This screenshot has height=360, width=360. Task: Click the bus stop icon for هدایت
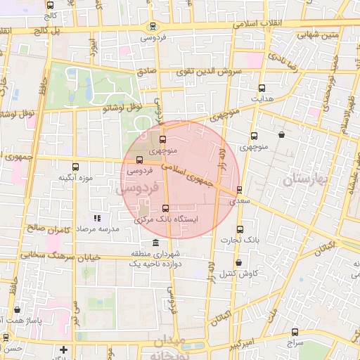click(262, 89)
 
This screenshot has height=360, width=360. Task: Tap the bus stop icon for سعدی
click(240, 189)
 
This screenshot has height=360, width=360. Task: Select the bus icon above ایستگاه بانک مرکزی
click(166, 208)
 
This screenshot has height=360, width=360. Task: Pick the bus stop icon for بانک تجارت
click(240, 229)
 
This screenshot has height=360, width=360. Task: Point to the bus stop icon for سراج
click(294, 333)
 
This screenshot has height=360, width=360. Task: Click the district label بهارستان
click(307, 179)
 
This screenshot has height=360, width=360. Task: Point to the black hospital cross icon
click(64, 349)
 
